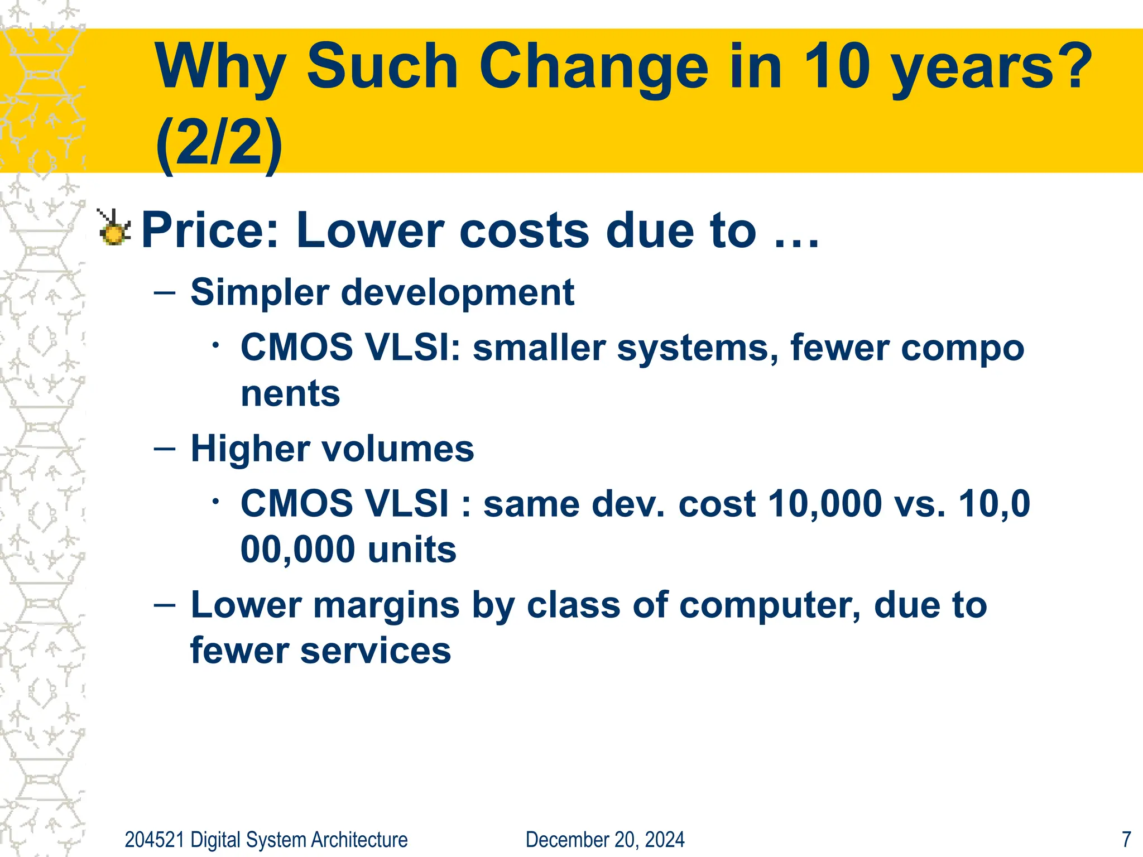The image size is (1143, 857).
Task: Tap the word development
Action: tap(458, 292)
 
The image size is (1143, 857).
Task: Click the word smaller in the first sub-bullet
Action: tap(539, 348)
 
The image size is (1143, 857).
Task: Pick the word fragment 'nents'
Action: tap(290, 393)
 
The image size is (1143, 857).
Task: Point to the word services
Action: tap(376, 651)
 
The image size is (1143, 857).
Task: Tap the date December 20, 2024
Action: tap(605, 840)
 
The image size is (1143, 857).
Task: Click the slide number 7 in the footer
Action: tap(1126, 840)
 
